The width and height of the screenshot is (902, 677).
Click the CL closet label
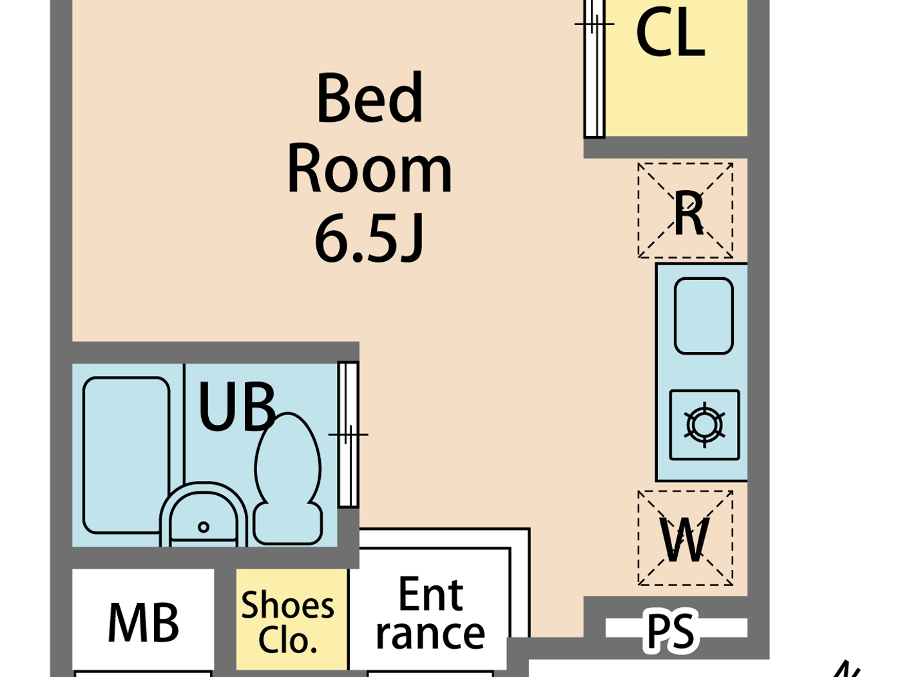[669, 34]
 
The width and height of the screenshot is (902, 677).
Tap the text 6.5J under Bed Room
[369, 239]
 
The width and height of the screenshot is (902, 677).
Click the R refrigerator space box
[686, 210]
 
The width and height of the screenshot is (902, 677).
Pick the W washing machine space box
[686, 538]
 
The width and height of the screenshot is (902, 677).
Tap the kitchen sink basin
[704, 316]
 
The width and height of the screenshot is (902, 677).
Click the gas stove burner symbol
[704, 425]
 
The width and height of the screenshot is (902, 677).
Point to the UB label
[237, 407]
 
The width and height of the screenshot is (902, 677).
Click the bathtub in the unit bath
[126, 455]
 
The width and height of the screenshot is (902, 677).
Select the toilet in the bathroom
[288, 477]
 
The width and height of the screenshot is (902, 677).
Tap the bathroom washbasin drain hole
[204, 527]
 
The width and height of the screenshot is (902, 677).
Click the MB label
[143, 623]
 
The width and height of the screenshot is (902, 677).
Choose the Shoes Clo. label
[288, 623]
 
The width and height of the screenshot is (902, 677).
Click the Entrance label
[430, 613]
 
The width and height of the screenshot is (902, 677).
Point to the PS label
[671, 631]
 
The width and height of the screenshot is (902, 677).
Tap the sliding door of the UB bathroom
[348, 435]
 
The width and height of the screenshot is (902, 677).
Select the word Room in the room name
[369, 169]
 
